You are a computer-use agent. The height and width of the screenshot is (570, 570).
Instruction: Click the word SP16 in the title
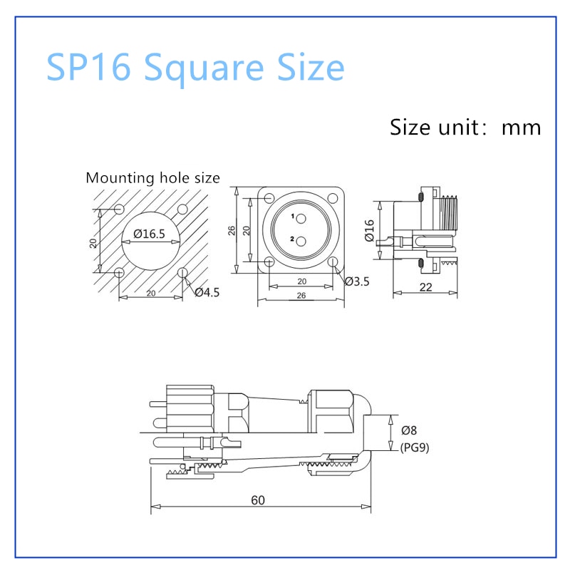pos(88,68)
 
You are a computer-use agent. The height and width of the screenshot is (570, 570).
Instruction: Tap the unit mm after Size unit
pos(522,128)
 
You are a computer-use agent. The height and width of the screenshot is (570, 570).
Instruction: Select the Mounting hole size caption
pos(152,178)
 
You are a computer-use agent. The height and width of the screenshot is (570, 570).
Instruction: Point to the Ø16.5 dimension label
pos(149,234)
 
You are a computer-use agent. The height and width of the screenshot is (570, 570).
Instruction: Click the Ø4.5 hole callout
pos(207,291)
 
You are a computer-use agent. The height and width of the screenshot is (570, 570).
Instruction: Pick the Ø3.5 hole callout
pos(357,281)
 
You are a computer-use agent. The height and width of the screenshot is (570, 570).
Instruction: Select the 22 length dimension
pos(426,286)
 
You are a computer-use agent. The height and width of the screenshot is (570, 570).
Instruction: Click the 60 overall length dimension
pos(258,500)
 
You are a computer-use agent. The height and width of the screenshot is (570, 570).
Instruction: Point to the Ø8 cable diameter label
pos(410,430)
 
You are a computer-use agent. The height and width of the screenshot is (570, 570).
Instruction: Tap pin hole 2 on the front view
pos(301,240)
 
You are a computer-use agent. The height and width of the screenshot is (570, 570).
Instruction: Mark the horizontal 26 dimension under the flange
pos(301,295)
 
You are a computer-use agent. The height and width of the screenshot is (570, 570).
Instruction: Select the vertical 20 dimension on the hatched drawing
pos(93,242)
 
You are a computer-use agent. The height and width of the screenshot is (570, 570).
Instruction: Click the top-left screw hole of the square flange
pos(269,197)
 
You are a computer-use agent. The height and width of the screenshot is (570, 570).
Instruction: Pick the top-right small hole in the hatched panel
pos(182,209)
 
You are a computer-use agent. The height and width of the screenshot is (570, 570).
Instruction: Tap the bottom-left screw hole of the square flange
pos(269,263)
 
